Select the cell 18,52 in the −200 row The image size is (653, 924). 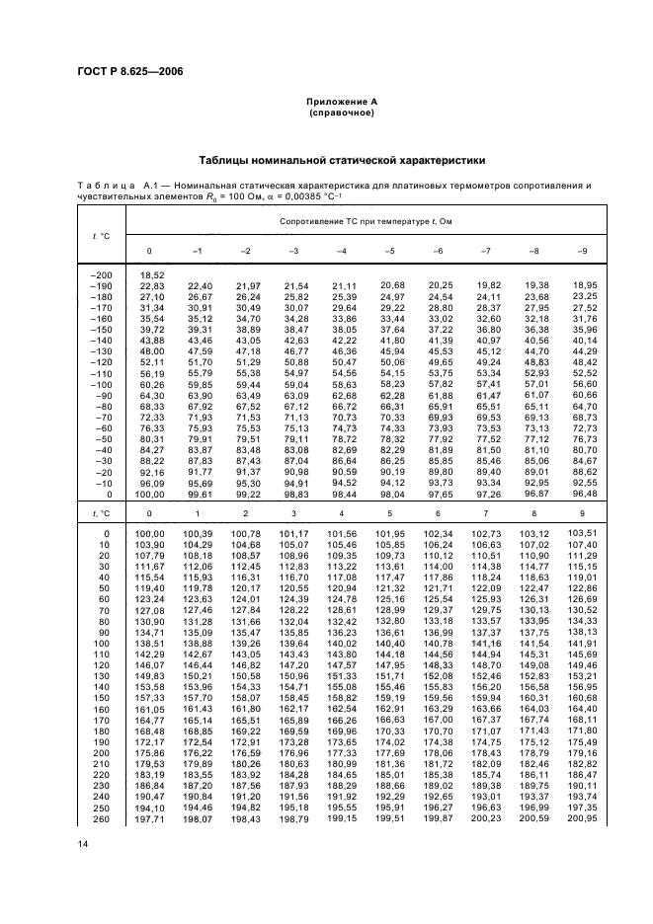point(150,273)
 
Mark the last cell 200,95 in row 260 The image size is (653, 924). point(583,817)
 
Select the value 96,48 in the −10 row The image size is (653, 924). point(583,494)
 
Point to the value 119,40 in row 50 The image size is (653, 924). point(150,587)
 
